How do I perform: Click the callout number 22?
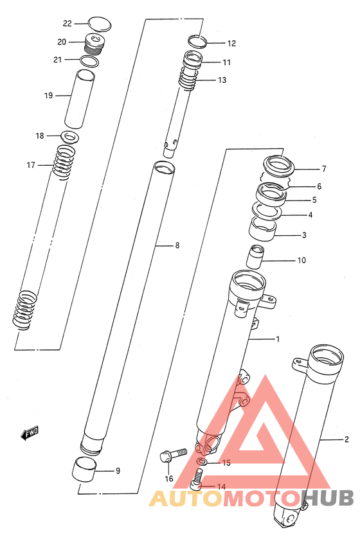point(67,23)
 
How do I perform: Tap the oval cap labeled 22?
point(100,24)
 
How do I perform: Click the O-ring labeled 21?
point(89,61)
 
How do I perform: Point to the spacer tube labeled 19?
point(80,98)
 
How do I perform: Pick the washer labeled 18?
point(71,137)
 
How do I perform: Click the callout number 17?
point(31,165)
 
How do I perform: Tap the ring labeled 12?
point(197,41)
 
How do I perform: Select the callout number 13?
point(222,80)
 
